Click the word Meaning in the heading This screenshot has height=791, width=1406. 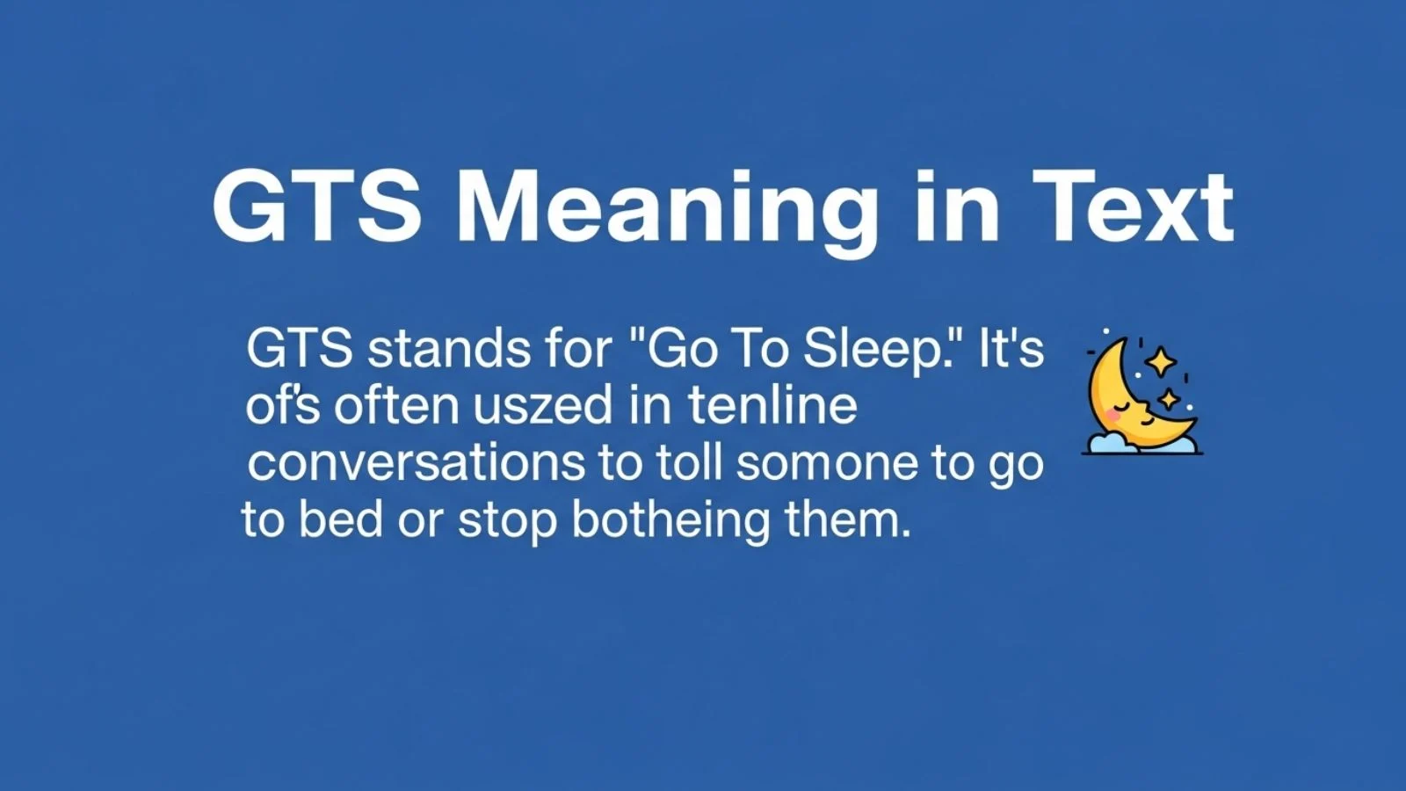667,209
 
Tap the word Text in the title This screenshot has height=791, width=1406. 1133,209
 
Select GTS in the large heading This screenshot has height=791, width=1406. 317,209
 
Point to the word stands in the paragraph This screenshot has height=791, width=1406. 447,349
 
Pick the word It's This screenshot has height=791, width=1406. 1011,349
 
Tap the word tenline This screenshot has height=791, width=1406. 772,406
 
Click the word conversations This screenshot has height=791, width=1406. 416,463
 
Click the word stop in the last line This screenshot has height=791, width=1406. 507,520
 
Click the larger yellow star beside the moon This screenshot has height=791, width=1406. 1161,361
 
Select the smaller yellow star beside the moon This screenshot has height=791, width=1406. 1169,399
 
